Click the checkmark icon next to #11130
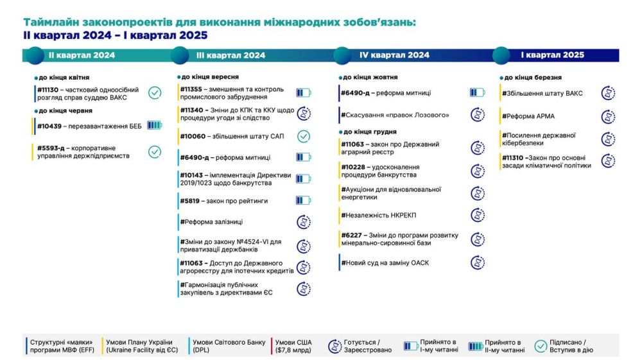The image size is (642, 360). pos(155,93)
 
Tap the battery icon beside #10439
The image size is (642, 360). pos(154,125)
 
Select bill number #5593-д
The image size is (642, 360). pos(51,148)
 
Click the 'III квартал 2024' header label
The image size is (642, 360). pos(231,55)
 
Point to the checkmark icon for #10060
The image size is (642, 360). pos(304,136)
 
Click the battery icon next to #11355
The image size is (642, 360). pos(304,93)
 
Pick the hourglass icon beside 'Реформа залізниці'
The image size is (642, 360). pos(304,222)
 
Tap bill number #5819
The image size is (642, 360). pos(189,201)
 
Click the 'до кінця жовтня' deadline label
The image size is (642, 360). pos(370,77)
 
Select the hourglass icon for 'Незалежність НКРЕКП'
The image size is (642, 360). pos(478,215)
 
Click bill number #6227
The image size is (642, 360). pos(351,236)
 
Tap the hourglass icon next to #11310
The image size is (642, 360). pos(609,161)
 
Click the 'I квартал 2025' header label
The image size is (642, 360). pos(552,55)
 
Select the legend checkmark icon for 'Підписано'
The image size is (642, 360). pos(541,346)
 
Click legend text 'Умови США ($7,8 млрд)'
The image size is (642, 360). pos(293,346)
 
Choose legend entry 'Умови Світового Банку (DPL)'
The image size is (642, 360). pos(229,346)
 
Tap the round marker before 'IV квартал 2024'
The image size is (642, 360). pos(342,56)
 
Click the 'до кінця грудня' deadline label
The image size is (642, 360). pos(370,132)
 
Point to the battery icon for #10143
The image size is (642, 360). pos(304,179)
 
